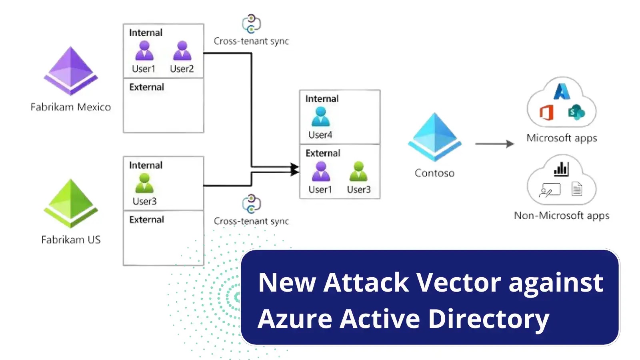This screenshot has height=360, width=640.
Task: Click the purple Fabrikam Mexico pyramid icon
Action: [71, 71]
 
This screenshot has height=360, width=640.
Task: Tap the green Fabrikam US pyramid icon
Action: [71, 203]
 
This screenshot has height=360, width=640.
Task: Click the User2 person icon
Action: [182, 50]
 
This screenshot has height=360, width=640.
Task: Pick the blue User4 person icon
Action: [320, 116]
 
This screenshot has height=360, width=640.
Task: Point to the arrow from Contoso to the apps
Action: [494, 144]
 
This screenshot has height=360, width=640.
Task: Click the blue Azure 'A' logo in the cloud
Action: [562, 91]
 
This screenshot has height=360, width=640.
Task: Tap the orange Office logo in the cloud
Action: [546, 112]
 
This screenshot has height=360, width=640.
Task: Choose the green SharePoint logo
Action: [576, 112]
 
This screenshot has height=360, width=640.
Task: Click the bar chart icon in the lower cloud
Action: [561, 169]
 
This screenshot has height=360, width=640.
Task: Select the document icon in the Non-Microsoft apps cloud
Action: [577, 189]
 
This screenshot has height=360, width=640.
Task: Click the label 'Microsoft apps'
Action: [562, 138]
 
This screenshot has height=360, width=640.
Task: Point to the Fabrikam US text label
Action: [71, 240]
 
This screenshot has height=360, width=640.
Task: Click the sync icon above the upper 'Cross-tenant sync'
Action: [251, 24]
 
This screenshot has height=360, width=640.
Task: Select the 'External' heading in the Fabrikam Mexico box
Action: [146, 87]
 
